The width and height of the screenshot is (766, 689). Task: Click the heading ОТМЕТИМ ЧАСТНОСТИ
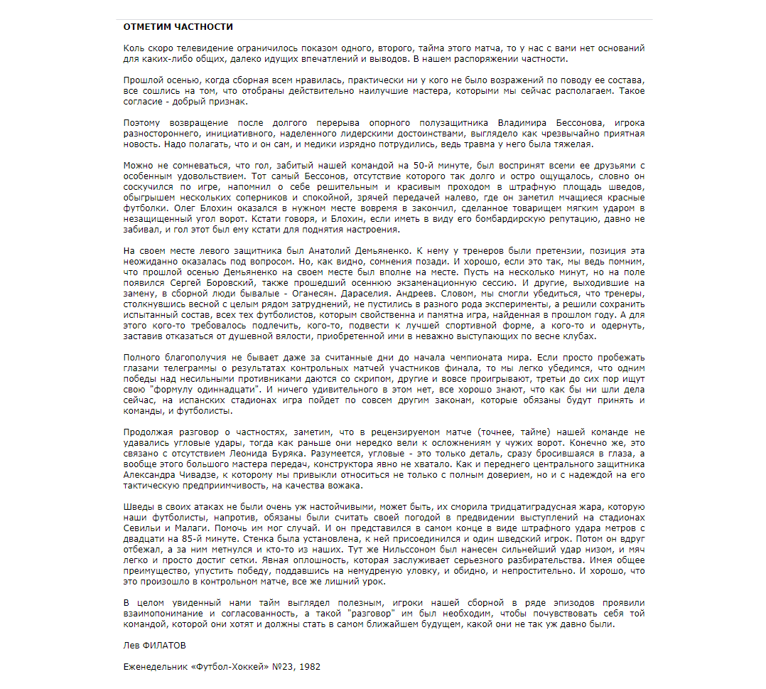[x=178, y=27]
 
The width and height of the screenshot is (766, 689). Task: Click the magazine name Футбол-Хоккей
[x=232, y=667]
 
